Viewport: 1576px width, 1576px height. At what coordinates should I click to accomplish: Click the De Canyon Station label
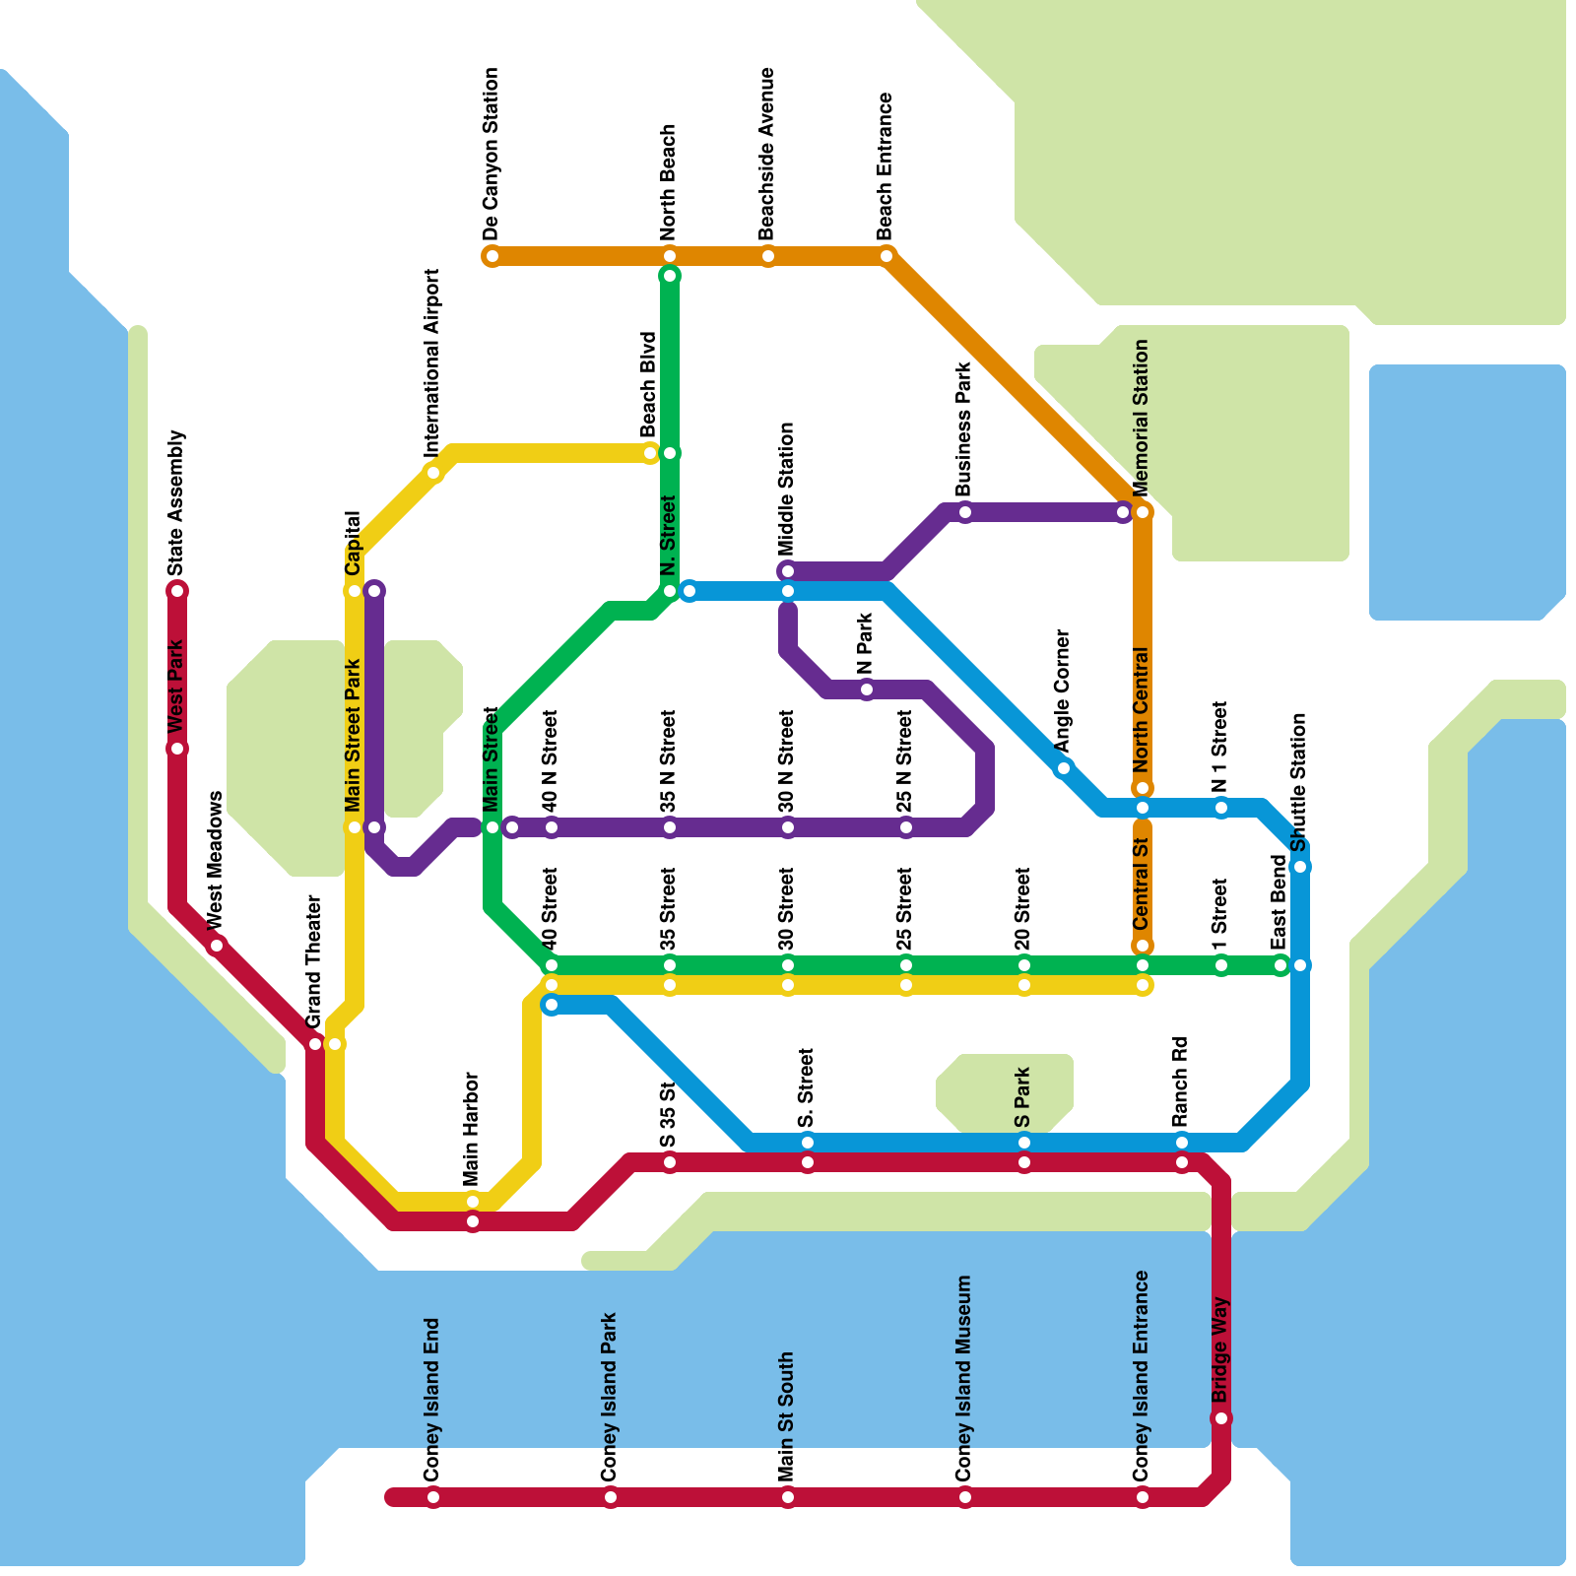[492, 154]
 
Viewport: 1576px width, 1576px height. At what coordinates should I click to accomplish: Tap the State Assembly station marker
[177, 591]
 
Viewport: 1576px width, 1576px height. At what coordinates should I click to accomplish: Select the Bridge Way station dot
[1221, 1418]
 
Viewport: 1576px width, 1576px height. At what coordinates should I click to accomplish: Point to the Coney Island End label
[431, 1400]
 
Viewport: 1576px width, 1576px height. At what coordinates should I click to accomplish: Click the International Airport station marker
[433, 473]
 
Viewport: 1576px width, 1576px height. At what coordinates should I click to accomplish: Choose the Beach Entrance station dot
[886, 256]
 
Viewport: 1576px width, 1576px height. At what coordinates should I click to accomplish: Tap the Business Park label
[964, 429]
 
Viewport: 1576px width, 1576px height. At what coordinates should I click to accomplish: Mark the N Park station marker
[867, 689]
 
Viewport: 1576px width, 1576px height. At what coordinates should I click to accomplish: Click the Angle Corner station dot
[1063, 768]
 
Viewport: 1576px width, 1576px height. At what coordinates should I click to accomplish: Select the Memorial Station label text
[1142, 419]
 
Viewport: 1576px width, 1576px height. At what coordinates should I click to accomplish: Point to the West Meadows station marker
[217, 946]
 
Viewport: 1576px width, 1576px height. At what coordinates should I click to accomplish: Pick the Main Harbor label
[471, 1129]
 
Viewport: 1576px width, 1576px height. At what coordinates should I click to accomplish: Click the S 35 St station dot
[670, 1162]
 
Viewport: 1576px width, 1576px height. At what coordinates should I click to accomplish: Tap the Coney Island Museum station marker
[965, 1497]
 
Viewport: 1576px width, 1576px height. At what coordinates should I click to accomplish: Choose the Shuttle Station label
[1298, 782]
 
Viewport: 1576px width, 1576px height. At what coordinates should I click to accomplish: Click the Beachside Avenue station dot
[768, 256]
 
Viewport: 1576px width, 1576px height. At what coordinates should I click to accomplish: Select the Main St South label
[786, 1416]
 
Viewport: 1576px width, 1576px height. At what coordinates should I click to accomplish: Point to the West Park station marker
[177, 749]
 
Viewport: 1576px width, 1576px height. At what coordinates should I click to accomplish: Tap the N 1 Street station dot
[1221, 808]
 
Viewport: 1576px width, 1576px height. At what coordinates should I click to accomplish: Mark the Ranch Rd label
[1181, 1082]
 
